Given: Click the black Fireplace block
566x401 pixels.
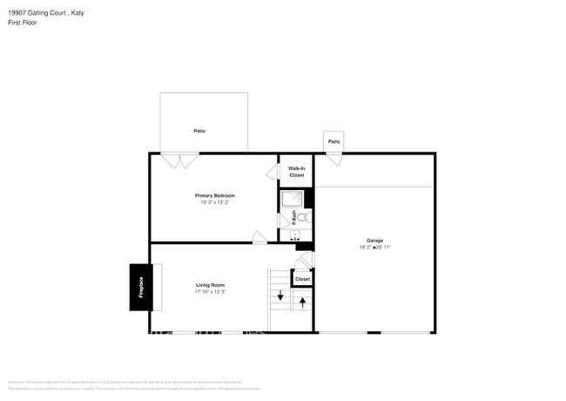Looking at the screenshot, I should [x=140, y=287].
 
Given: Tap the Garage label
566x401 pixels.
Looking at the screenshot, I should [x=374, y=241].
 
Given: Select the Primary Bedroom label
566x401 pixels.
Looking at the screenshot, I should [x=214, y=195].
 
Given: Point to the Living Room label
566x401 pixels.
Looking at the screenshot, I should [x=210, y=285].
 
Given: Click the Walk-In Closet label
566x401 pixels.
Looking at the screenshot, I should [x=296, y=172].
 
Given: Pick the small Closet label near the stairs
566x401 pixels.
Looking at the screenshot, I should [x=302, y=280].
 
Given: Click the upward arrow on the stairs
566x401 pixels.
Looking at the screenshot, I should [x=302, y=302].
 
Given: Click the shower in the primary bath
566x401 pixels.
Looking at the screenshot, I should [x=292, y=198].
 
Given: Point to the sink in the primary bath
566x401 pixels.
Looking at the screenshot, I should [x=293, y=233].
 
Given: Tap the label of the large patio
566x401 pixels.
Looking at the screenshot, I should [x=199, y=131].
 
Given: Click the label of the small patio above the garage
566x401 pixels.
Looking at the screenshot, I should [x=334, y=141].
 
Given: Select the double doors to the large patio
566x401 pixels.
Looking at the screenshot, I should [x=179, y=160].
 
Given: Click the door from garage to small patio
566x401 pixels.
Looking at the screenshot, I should [x=334, y=160].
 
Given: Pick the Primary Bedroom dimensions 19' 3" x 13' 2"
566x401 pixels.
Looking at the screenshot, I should [x=214, y=202].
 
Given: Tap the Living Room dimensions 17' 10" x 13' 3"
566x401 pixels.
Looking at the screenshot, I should [x=210, y=292].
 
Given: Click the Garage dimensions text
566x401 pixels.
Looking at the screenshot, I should [x=374, y=248].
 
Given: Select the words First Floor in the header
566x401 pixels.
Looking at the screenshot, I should [x=20, y=22].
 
